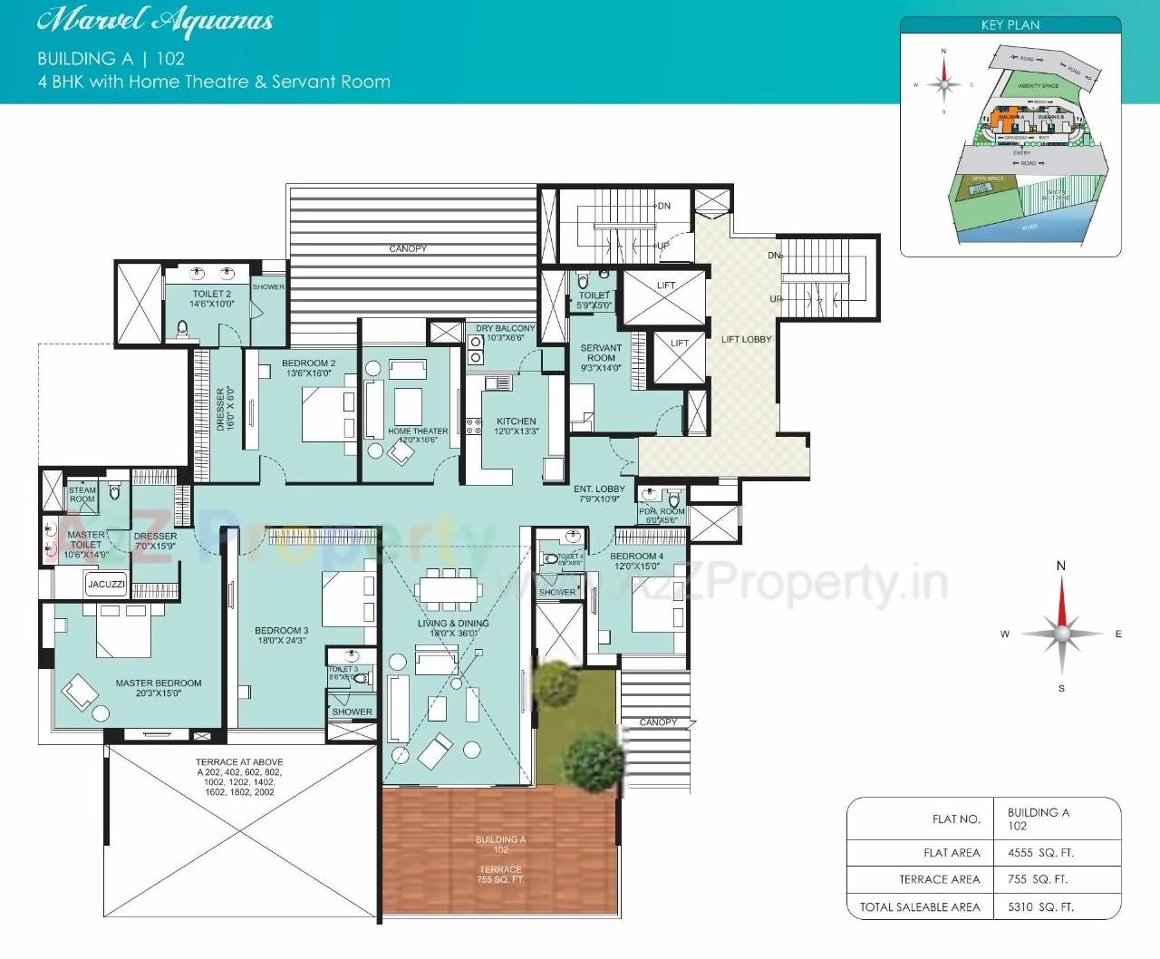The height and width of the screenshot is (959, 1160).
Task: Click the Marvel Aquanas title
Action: pos(155,22)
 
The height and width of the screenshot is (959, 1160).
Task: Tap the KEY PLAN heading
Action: pos(1010,25)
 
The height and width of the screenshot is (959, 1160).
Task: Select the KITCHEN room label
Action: pos(516,421)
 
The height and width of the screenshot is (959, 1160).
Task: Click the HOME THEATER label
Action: pos(418,431)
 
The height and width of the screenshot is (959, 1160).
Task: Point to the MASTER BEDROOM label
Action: pos(159,683)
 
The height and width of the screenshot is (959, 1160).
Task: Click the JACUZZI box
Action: pos(106,585)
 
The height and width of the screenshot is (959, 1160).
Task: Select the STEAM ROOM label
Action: pos(82,495)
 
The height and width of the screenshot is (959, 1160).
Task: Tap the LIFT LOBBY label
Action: pos(746,340)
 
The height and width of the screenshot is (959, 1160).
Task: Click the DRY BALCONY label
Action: pos(505,329)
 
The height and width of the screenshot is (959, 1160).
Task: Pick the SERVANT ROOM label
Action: pos(601,353)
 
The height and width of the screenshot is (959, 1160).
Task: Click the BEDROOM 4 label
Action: pos(636,557)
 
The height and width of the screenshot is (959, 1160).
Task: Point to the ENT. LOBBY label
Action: pos(599,489)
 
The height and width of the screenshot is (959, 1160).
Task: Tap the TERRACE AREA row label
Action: pos(939,879)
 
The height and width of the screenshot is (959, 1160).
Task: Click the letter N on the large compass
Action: pos(1061,566)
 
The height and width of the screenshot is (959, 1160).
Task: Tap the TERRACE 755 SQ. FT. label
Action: pos(500,874)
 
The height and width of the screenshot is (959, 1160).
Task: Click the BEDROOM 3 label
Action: pos(281,631)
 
